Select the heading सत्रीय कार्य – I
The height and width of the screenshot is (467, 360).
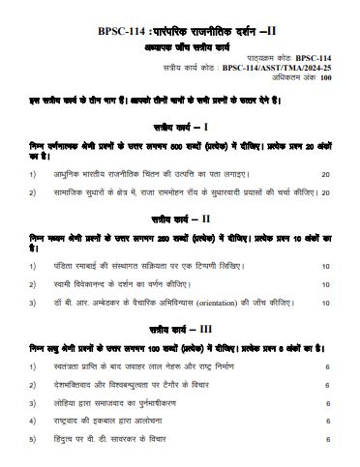(x=180, y=126)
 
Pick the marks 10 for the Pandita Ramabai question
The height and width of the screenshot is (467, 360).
(x=325, y=265)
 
